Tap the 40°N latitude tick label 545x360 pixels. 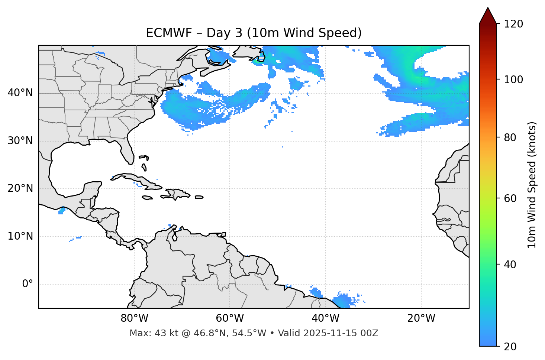[x=20, y=93]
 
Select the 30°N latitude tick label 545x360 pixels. [x=20, y=141]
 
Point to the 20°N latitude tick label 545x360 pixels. [x=20, y=188]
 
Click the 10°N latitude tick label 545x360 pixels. [x=20, y=236]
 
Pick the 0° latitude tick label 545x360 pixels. [x=28, y=284]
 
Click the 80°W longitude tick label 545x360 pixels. [x=134, y=318]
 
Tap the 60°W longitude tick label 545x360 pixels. [x=230, y=318]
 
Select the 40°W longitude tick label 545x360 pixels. [x=326, y=318]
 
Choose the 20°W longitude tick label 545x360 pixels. [x=421, y=318]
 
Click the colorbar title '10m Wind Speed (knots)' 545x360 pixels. [x=532, y=185]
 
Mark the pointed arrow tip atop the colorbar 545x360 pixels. [x=488, y=8]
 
